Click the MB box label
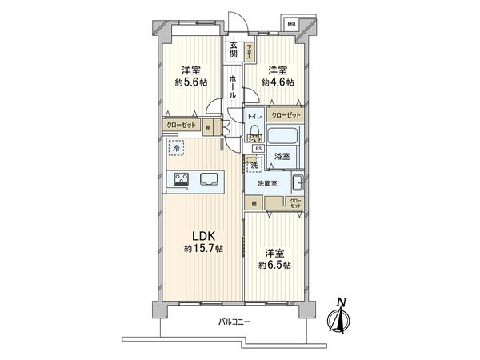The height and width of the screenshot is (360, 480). tap(290, 25)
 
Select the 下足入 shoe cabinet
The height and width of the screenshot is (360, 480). tap(250, 50)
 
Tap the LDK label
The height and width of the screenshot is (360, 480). tap(201, 235)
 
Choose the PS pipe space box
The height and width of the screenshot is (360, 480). tap(258, 148)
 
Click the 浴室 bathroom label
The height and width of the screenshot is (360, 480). tap(281, 158)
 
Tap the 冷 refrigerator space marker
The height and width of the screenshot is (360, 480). tap(175, 149)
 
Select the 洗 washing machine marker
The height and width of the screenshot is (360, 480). tap(254, 165)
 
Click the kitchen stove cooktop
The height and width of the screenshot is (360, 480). tap(178, 179)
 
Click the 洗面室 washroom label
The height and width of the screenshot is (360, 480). tap(266, 183)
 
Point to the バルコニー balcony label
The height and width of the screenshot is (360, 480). tap(235, 322)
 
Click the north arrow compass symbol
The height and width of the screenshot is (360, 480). tap(342, 317)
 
